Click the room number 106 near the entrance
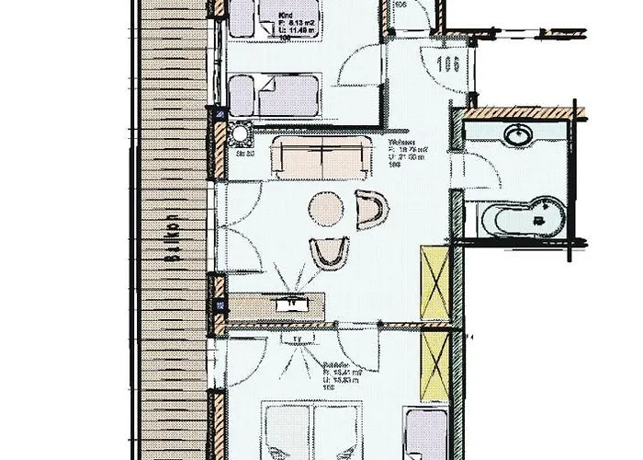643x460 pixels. (x=448, y=64)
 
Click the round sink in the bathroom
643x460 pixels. (x=519, y=135)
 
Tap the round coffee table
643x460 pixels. (x=325, y=208)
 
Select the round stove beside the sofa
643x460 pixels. (x=242, y=134)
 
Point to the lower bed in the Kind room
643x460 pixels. (x=273, y=96)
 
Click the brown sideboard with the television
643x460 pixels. (x=276, y=304)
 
